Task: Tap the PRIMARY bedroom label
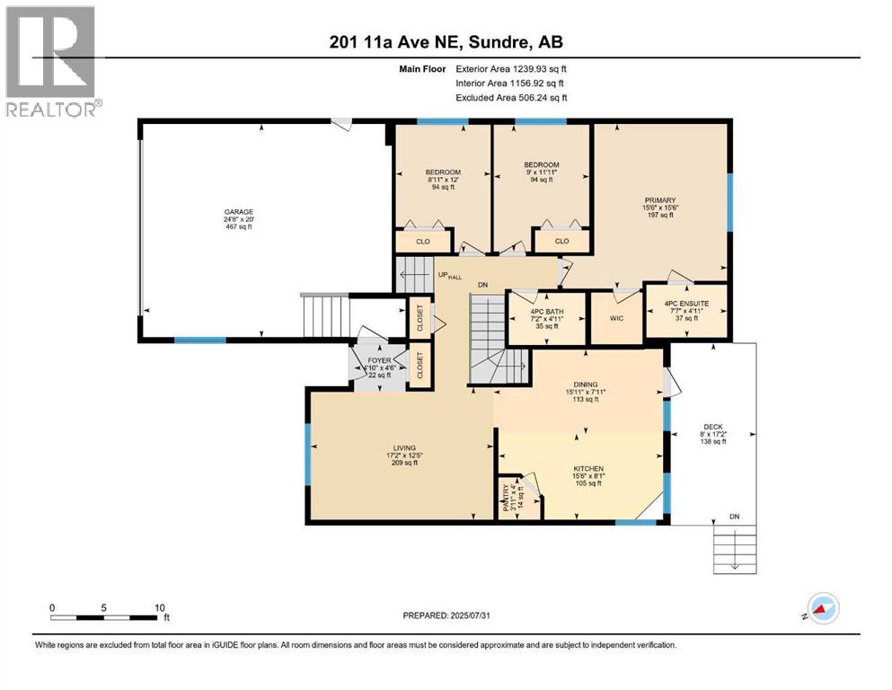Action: [659, 200]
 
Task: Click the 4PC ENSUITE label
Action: [686, 304]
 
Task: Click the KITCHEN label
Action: [589, 468]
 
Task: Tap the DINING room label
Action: [586, 384]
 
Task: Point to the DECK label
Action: [712, 427]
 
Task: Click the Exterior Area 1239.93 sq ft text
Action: [511, 68]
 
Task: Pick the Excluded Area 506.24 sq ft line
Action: [511, 97]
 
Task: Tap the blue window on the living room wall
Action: [307, 448]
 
